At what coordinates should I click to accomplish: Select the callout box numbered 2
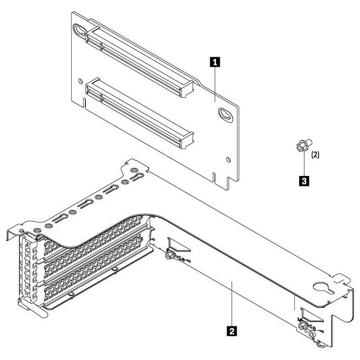[231, 329]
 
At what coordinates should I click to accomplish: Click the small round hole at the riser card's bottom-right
[227, 160]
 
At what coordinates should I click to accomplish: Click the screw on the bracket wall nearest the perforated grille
[169, 256]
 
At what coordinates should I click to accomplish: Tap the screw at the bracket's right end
[301, 327]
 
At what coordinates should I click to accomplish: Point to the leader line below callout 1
[215, 85]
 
